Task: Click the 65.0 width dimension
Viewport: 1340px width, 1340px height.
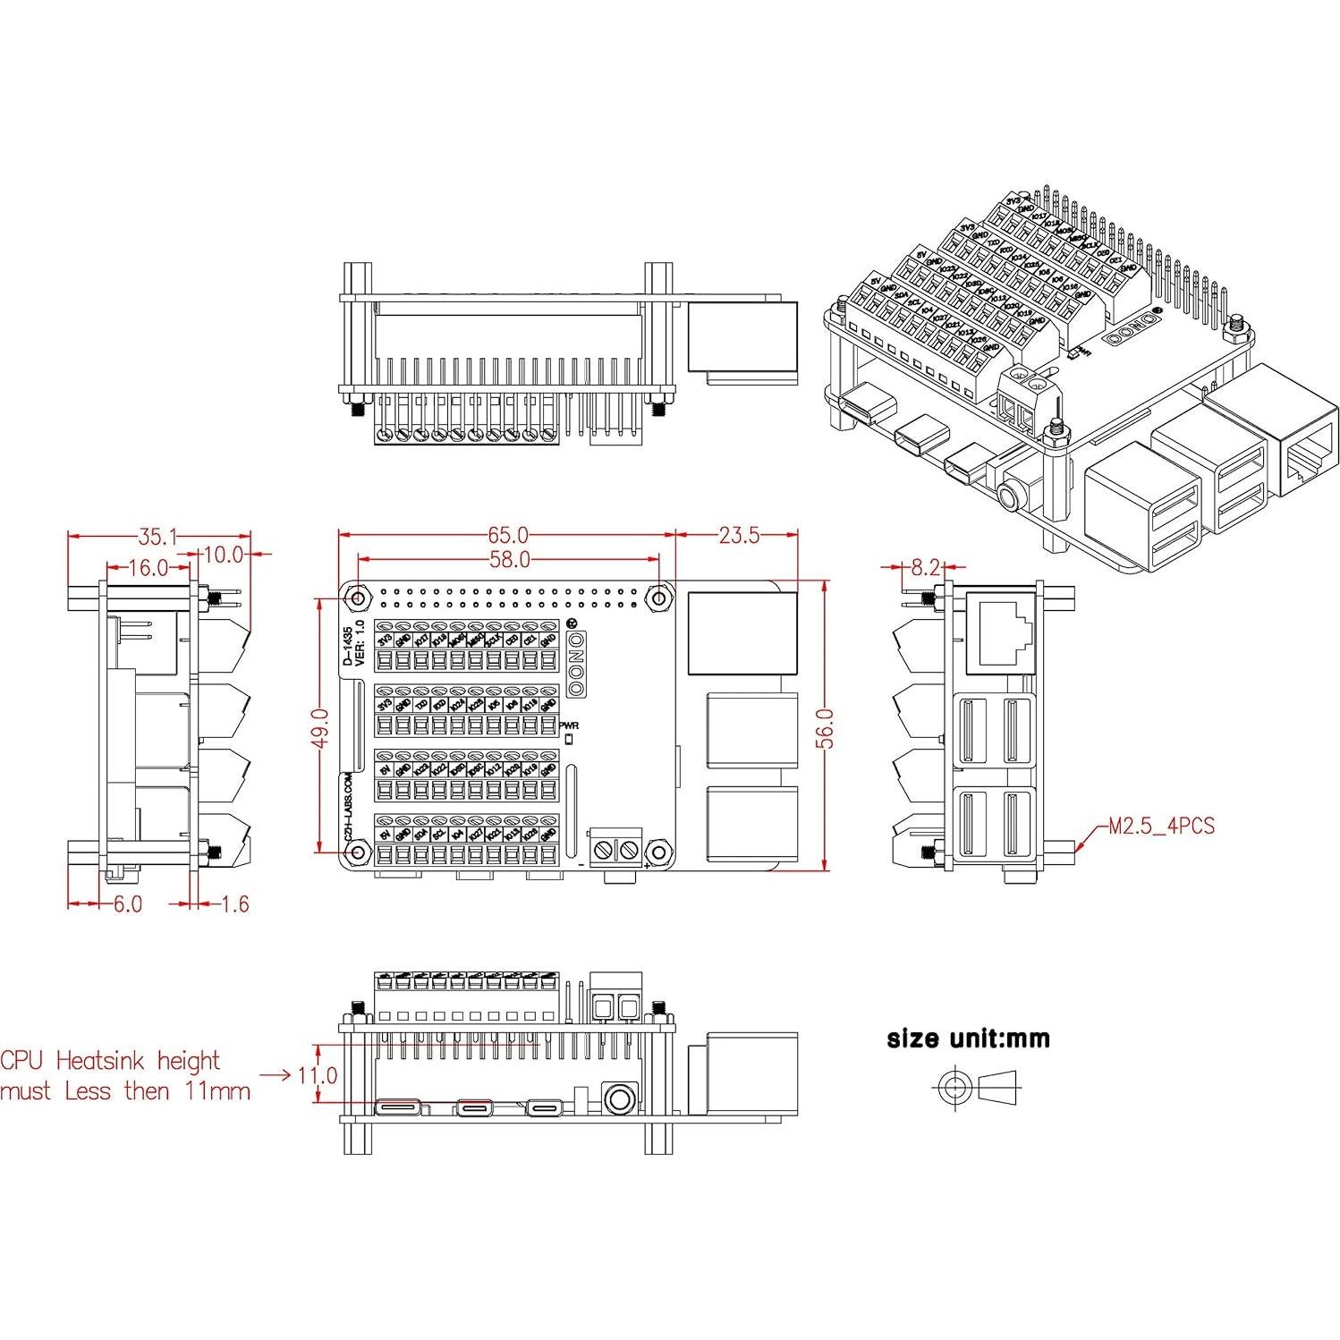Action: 507,535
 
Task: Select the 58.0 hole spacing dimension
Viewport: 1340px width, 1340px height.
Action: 507,560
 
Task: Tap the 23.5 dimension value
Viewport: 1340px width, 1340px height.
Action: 738,535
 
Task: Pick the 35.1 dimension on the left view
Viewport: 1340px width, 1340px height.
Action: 157,537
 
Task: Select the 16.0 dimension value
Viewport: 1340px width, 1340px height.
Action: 148,567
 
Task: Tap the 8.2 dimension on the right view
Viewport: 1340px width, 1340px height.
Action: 925,567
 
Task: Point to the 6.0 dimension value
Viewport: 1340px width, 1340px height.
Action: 127,903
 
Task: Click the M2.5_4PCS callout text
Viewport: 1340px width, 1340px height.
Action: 1161,826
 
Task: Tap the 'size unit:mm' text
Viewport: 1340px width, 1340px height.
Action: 968,1039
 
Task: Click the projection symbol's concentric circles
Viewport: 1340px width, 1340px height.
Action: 954,1088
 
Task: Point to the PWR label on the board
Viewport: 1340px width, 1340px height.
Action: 569,725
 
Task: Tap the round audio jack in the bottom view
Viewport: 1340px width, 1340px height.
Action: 617,1098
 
